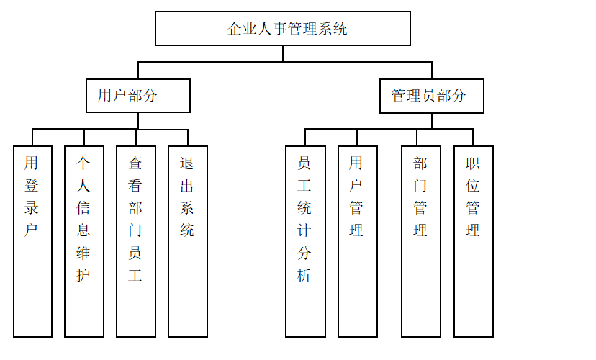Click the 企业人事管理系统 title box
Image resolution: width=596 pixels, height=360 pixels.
[x=282, y=29]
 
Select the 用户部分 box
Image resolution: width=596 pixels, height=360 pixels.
[x=137, y=96]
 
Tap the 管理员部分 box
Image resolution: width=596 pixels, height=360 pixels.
[x=431, y=96]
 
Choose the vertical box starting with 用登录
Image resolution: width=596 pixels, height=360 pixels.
[x=32, y=241]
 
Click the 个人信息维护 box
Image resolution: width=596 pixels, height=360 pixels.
[x=84, y=241]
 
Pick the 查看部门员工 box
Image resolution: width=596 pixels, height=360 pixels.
[x=136, y=241]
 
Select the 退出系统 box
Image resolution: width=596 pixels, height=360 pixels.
[x=188, y=241]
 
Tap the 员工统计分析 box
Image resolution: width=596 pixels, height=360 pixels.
[x=305, y=241]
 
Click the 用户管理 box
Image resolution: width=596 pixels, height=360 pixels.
[x=357, y=241]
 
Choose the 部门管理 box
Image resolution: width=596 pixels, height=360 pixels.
[x=421, y=241]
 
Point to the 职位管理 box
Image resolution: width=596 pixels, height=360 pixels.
[x=473, y=241]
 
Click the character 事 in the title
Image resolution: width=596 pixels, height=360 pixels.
[x=280, y=29]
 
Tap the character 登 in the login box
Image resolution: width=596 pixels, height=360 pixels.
[x=32, y=186]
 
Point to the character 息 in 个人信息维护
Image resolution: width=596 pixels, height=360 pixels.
[x=83, y=230]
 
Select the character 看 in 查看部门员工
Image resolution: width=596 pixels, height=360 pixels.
[x=135, y=186]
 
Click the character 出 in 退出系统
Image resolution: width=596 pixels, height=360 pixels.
[x=187, y=186]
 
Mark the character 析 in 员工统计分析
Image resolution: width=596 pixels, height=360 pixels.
[x=304, y=275]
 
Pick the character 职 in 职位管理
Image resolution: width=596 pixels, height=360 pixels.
[x=473, y=163]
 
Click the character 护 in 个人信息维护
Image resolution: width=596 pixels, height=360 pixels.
[x=83, y=275]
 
